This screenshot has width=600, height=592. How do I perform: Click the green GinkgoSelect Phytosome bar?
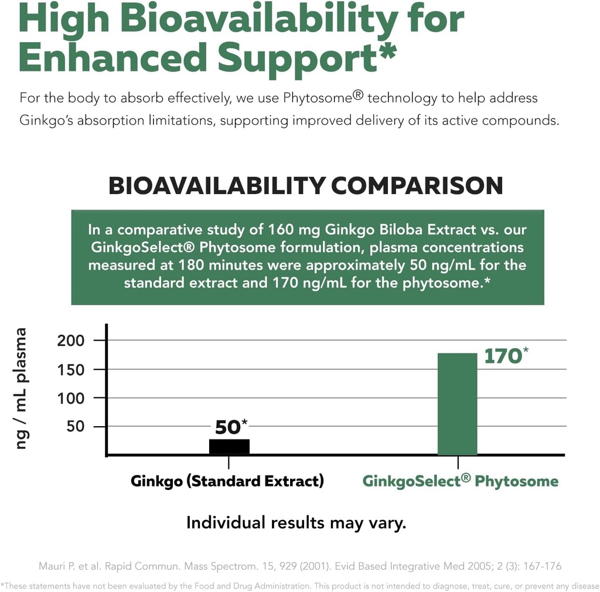pos(457,404)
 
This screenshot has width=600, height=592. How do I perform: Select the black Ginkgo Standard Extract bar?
pos(229,447)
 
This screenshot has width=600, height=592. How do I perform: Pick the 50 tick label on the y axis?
pos(76,427)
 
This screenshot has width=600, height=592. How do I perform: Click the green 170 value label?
pos(502,356)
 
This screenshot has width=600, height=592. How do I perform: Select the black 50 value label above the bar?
pos(228,427)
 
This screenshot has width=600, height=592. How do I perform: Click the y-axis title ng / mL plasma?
pos(22,389)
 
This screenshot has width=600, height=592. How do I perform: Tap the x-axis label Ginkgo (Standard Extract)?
pos(227,481)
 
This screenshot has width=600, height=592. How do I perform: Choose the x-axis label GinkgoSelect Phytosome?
pos(460,481)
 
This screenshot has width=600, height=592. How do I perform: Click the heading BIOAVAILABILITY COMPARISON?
pos(306,186)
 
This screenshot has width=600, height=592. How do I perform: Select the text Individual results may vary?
pos(296,523)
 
